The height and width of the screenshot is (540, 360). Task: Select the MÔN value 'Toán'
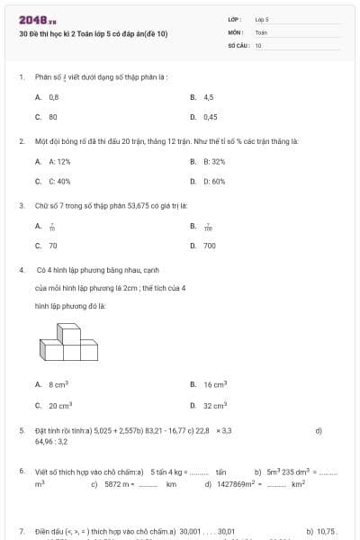tap(261, 31)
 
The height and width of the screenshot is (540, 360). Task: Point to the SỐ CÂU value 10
tap(258, 44)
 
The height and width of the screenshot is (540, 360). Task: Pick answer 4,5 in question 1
tap(208, 96)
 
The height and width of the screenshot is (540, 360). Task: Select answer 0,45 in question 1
tap(210, 116)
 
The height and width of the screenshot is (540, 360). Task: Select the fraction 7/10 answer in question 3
tap(52, 228)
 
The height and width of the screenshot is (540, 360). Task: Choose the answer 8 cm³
tap(58, 384)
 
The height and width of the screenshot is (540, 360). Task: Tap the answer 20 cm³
tap(59, 405)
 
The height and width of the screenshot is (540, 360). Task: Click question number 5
tap(22, 431)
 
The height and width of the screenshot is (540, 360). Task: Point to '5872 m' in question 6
tap(118, 483)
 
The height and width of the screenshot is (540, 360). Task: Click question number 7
tap(22, 531)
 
